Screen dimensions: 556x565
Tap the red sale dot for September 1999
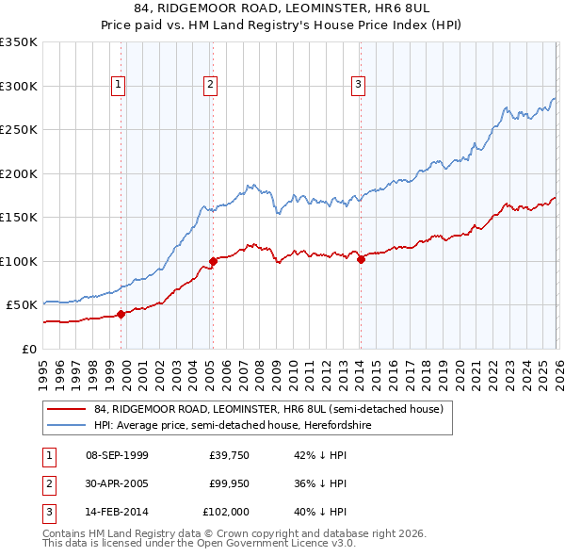click(121, 315)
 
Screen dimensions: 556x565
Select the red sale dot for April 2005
click(213, 261)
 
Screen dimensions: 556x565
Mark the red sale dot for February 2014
click(361, 260)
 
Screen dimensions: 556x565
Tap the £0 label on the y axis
click(29, 349)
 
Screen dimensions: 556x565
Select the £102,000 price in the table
click(226, 512)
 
